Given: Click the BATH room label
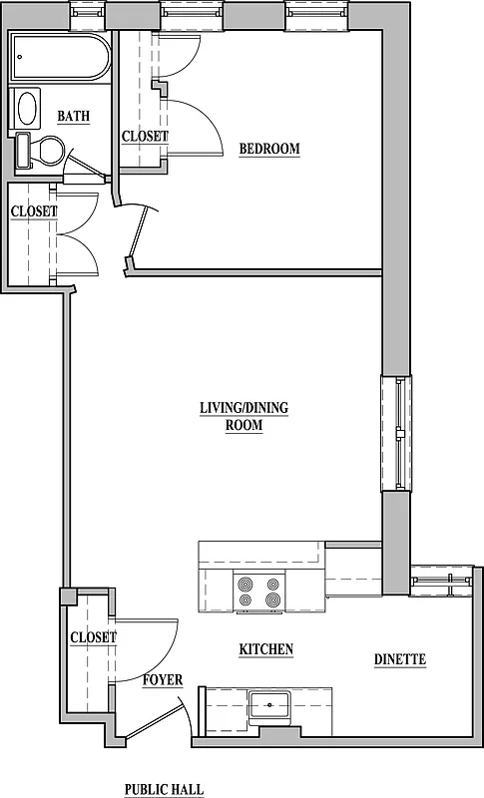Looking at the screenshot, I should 73,117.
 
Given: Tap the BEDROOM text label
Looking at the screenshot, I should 269,150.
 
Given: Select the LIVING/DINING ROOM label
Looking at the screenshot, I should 243,416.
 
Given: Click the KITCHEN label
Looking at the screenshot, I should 265,649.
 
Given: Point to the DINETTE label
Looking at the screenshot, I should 400,659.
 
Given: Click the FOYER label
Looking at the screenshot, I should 162,680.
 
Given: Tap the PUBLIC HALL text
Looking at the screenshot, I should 164,789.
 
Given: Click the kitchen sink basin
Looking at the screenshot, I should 269,705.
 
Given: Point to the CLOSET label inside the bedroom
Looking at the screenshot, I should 145,137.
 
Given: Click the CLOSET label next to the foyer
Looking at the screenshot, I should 93,637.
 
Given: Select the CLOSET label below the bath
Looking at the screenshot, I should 33,211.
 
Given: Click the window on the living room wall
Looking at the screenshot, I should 398,433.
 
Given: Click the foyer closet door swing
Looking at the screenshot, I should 150,638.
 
